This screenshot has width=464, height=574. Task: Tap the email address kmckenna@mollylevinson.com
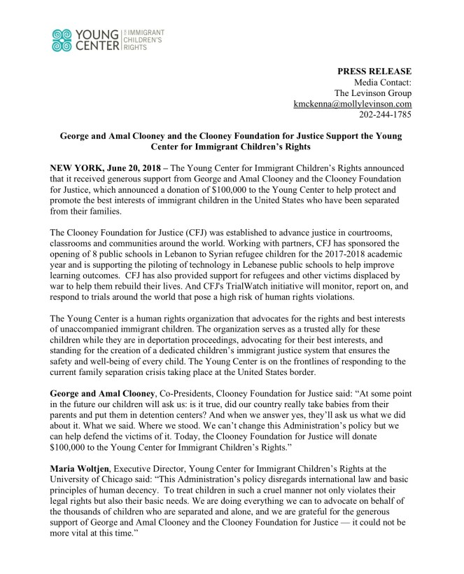click(352, 103)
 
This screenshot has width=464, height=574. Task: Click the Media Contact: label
click(382, 82)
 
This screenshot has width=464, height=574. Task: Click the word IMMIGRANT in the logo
click(146, 33)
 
